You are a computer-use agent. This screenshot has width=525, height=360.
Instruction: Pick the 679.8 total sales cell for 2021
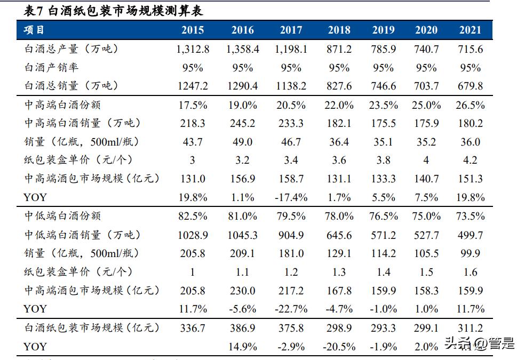(x=470, y=86)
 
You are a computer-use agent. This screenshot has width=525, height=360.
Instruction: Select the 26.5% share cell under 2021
(x=470, y=105)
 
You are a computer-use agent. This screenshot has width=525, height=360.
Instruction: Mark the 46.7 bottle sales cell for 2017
(x=291, y=142)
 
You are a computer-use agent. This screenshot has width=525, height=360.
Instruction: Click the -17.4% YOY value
(x=291, y=197)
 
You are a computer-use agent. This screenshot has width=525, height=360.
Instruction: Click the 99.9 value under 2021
(x=470, y=253)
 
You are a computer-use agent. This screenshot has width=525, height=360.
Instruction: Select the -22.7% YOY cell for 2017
(x=291, y=309)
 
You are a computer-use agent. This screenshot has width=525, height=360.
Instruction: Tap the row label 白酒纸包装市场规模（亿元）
(x=91, y=327)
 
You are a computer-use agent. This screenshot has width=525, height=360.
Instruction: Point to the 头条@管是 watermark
(x=480, y=344)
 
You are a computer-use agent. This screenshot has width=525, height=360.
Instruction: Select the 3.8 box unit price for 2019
(x=383, y=161)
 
